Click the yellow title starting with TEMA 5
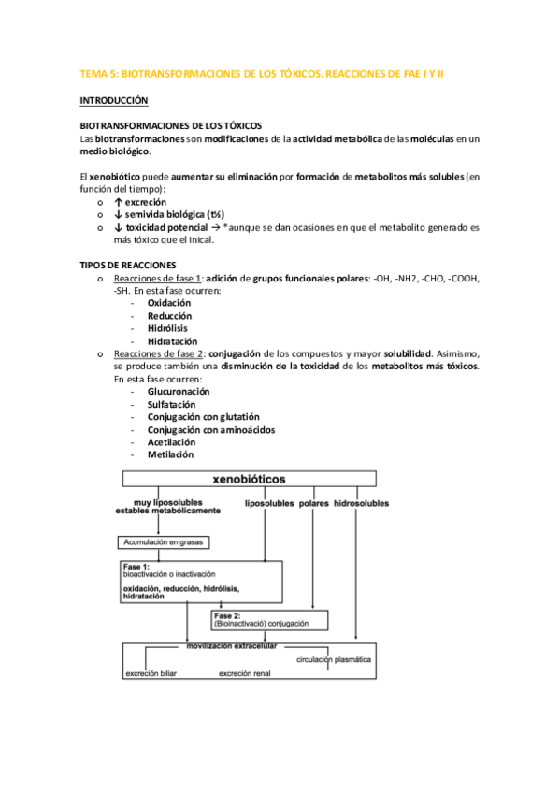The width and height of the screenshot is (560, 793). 263,73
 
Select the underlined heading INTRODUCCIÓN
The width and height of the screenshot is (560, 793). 114,99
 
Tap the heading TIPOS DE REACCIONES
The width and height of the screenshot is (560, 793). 130,265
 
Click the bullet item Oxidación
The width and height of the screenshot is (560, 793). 169,303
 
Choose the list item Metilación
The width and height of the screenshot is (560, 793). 170,454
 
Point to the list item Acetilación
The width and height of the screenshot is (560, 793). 171,441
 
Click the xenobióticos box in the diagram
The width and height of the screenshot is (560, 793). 251,479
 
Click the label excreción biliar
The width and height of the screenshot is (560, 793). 155,672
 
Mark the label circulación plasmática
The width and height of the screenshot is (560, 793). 334,659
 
